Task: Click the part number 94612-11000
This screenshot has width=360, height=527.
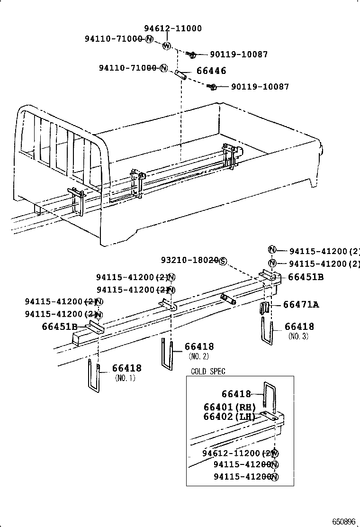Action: coord(173,28)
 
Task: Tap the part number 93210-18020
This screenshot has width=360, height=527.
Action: coord(189,260)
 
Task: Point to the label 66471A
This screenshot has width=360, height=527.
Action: coord(301,305)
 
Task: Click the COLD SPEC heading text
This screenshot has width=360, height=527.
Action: coord(208,372)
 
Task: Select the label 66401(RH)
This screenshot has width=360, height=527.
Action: coord(229,407)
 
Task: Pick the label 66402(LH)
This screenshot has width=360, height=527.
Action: coord(229,417)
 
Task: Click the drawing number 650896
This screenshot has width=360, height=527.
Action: coord(343,521)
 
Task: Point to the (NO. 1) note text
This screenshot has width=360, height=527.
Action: coord(125,378)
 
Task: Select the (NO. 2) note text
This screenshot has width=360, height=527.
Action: coord(198,356)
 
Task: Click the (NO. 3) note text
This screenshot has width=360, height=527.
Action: coord(298,336)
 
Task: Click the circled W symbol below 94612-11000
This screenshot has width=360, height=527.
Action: coord(167,46)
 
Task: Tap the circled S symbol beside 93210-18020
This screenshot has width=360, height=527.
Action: coord(223,261)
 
